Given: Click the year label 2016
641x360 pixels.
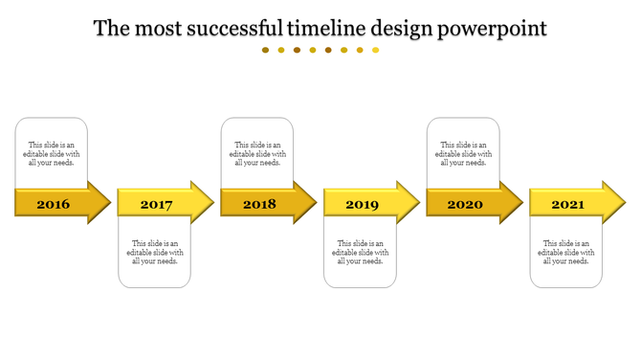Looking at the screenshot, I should pyautogui.click(x=54, y=204).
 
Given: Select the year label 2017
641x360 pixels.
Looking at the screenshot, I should pyautogui.click(x=156, y=204).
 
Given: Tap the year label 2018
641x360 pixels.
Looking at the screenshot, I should pyautogui.click(x=259, y=204).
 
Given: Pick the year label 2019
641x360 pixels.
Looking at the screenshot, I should pyautogui.click(x=362, y=204).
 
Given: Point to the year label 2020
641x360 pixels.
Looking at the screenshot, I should pyautogui.click(x=465, y=204).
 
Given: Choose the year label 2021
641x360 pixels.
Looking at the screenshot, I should pyautogui.click(x=567, y=204).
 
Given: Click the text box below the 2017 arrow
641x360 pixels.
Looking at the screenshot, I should pyautogui.click(x=155, y=252).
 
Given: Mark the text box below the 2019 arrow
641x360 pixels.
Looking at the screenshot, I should pyautogui.click(x=361, y=252).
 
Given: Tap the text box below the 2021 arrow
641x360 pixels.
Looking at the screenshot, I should pyautogui.click(x=566, y=252).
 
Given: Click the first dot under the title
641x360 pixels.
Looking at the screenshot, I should pyautogui.click(x=266, y=50).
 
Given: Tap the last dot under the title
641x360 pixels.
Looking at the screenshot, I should pyautogui.click(x=376, y=50).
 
